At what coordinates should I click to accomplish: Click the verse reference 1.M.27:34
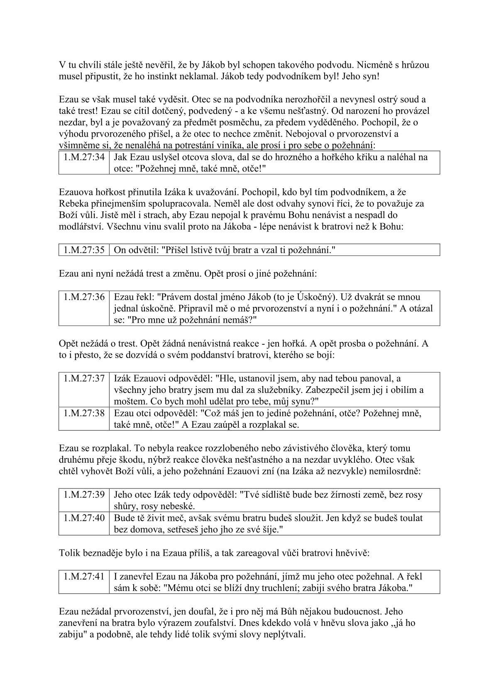tap(84, 157)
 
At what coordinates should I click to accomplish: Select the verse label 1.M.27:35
tap(84, 250)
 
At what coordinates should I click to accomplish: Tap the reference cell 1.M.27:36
tap(84, 297)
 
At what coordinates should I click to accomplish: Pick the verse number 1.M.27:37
tap(84, 378)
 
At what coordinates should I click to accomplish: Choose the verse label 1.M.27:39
tap(84, 495)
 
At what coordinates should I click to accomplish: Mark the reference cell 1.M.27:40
tap(84, 518)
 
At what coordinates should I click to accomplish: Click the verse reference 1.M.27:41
tap(84, 576)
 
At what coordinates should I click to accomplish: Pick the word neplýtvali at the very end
tap(286, 635)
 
